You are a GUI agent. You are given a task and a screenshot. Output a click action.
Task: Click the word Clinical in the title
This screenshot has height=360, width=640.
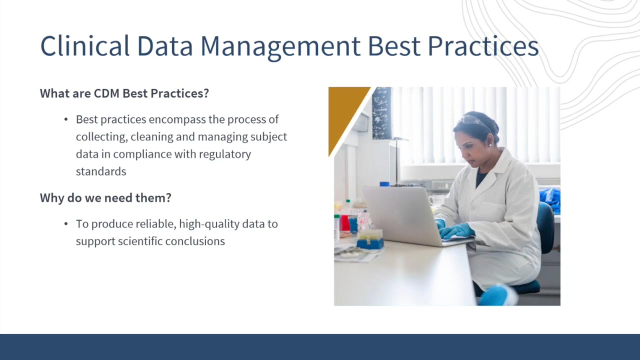point(84,46)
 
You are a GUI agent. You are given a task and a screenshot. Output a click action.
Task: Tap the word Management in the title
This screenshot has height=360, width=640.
point(280,46)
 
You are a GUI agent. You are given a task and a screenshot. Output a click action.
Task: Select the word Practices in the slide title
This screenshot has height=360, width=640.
point(482,46)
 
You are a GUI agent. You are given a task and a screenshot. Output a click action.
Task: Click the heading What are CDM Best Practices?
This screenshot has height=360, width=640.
point(124,93)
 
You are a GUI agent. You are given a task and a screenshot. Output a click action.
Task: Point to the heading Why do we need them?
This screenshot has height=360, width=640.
point(105,198)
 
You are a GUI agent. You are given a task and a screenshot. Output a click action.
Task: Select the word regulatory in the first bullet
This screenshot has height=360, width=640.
point(224,154)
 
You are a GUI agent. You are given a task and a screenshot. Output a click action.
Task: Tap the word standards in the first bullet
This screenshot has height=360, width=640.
point(100,171)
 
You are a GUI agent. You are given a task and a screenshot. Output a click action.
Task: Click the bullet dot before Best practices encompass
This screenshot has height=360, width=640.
point(66,119)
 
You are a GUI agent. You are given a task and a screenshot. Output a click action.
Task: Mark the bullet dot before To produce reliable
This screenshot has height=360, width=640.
point(66,224)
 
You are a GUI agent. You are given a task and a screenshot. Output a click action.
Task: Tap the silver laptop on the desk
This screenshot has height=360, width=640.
point(400,215)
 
